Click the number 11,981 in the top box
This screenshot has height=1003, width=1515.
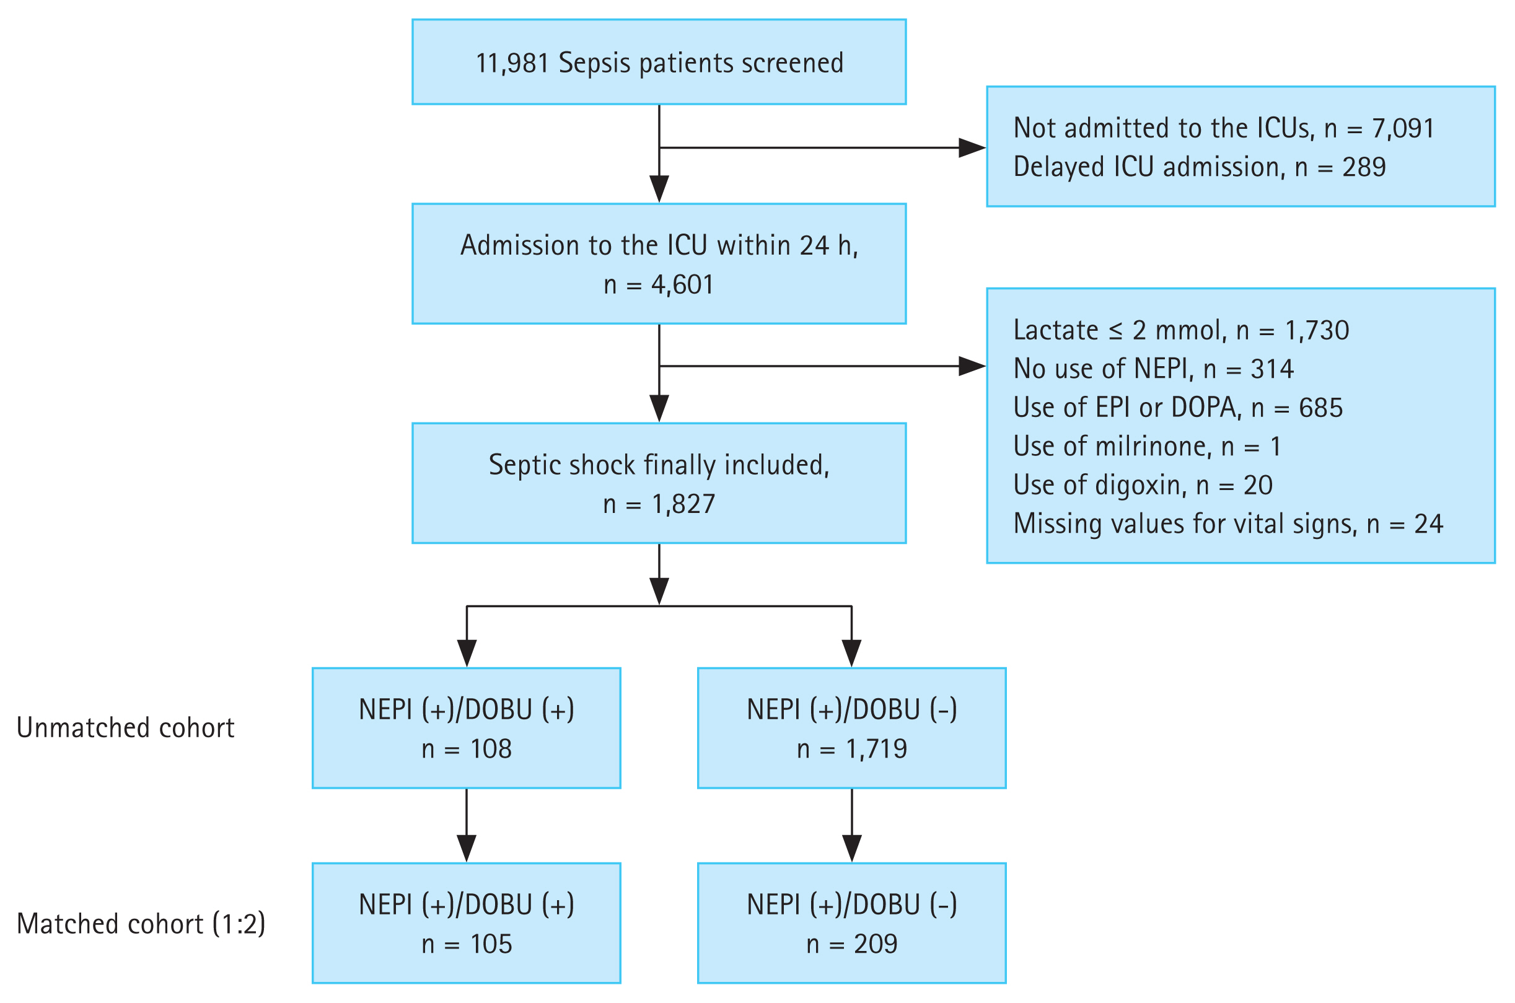tap(512, 63)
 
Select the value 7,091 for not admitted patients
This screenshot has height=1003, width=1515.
tap(1402, 129)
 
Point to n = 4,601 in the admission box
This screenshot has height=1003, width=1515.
tap(658, 284)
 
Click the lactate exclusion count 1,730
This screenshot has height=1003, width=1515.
tap(1317, 331)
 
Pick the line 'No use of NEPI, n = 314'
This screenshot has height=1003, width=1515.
tap(1153, 369)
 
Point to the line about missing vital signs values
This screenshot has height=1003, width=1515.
tap(1227, 524)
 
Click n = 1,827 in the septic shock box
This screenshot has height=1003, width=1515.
tap(658, 504)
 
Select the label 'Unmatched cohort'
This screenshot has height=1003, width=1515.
tap(125, 728)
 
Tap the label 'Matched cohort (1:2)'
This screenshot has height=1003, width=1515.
tap(141, 924)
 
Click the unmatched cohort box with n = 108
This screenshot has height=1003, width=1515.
tap(466, 728)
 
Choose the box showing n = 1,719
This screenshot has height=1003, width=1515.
tap(851, 728)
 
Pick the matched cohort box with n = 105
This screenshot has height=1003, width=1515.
tap(466, 923)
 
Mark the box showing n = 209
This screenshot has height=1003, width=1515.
tap(851, 923)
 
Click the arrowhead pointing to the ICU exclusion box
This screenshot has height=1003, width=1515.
tap(971, 148)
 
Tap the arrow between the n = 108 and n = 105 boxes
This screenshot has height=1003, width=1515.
tap(467, 825)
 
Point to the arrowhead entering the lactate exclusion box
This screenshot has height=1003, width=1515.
tap(971, 367)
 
